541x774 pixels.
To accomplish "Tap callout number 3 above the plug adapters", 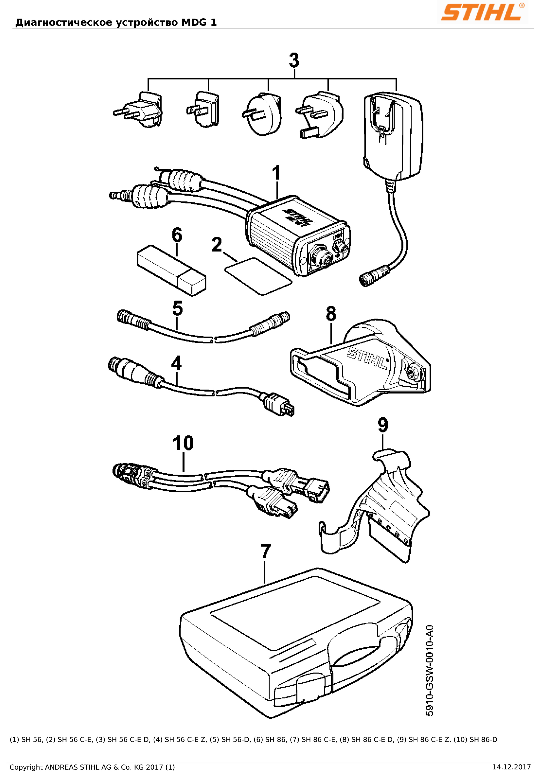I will coord(294,61).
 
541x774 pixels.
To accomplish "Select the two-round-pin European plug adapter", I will coord(140,110).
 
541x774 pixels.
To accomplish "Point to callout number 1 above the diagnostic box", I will coord(276,173).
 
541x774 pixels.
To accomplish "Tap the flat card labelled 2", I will coord(258,276).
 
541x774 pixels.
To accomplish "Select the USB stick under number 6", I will coord(171,270).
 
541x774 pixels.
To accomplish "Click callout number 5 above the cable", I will coord(177,308).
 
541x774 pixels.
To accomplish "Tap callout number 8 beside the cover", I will coord(331,313).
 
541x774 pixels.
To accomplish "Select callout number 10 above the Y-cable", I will coord(183,443).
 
